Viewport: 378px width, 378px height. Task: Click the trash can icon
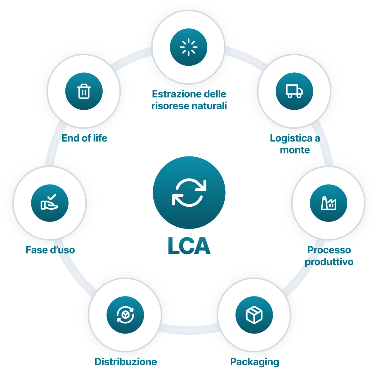point(84,91)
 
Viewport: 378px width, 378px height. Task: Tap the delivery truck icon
point(294,91)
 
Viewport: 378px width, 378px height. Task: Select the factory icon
point(329,203)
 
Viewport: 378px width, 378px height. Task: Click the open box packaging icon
point(254,315)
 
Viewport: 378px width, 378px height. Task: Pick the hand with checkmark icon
point(50,203)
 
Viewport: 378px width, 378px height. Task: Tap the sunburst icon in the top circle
point(189,47)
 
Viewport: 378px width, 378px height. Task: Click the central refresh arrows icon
point(189,192)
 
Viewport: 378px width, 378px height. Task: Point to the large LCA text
point(189,246)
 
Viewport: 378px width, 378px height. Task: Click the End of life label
point(84,138)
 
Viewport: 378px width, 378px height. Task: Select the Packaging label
point(254,362)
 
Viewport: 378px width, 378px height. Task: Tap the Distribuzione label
point(125,362)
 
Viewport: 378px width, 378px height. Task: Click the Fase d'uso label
point(51,250)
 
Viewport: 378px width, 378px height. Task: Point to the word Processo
point(329,250)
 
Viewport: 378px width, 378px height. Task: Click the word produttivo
point(329,262)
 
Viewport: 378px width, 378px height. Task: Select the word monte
point(295,150)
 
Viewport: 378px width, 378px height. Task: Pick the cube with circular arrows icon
point(125,315)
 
